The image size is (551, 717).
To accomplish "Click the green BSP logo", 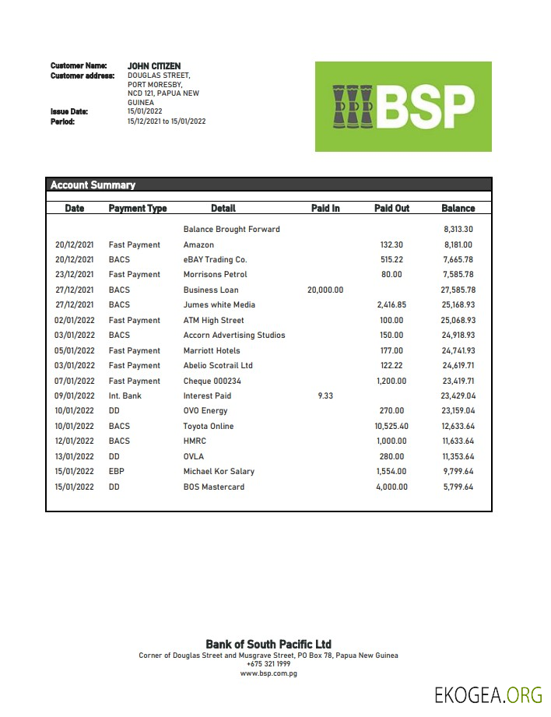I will pyautogui.click(x=403, y=107).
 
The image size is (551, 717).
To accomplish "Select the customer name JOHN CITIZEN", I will pyautogui.click(x=154, y=66).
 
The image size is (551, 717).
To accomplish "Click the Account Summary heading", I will pyautogui.click(x=93, y=185).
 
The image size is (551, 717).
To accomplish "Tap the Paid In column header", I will pyautogui.click(x=325, y=209).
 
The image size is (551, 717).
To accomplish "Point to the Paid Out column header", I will pyautogui.click(x=391, y=209).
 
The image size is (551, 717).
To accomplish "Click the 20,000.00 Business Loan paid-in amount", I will pyautogui.click(x=325, y=290).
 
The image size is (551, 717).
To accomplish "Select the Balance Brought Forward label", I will pyautogui.click(x=231, y=230).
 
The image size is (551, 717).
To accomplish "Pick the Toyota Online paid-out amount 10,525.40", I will pyautogui.click(x=391, y=427).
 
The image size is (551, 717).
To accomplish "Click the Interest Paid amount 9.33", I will pyautogui.click(x=325, y=396).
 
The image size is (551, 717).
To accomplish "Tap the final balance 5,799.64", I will pyautogui.click(x=458, y=487).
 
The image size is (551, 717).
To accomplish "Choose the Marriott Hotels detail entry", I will pyautogui.click(x=212, y=351).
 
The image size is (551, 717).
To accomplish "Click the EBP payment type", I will pyautogui.click(x=117, y=472).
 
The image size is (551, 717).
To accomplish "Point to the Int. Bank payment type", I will pyautogui.click(x=125, y=396).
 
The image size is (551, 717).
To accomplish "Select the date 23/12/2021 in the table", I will pyautogui.click(x=75, y=275).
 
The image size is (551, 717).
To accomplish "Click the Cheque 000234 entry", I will pyautogui.click(x=212, y=381).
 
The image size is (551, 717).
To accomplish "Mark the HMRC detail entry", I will pyautogui.click(x=195, y=441).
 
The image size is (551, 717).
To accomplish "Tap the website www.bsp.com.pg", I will pyautogui.click(x=268, y=673).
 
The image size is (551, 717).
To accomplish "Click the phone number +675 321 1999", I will pyautogui.click(x=268, y=664).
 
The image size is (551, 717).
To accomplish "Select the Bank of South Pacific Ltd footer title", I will pyautogui.click(x=268, y=645).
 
